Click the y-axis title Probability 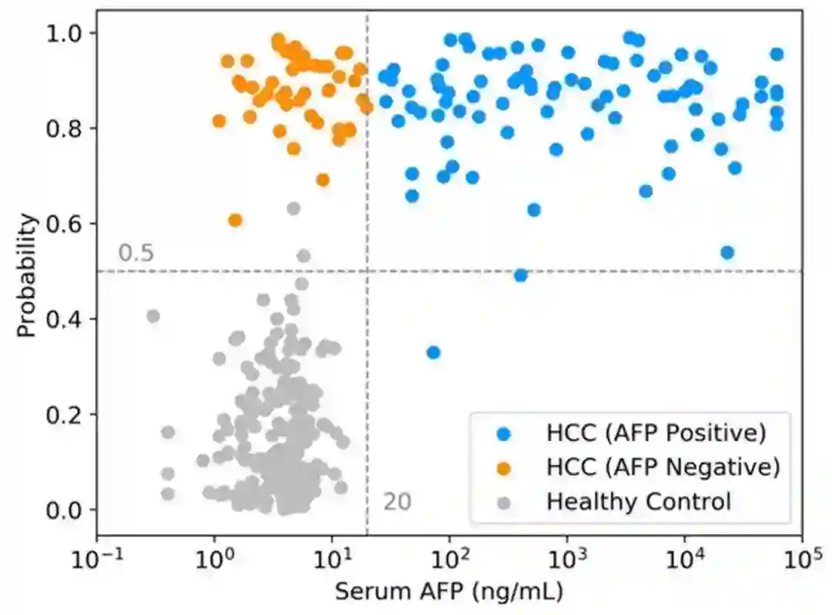pos(28,276)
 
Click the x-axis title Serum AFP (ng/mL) pos(449,592)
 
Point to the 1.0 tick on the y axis pos(68,33)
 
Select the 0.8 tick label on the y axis pos(68,129)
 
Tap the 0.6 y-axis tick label pos(68,224)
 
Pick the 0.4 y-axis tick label pos(68,319)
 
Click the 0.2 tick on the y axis pos(68,415)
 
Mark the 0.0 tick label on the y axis pos(68,510)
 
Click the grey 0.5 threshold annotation pos(136,254)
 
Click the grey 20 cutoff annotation pos(398,502)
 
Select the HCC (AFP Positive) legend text pos(656,433)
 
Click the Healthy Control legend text pos(638,502)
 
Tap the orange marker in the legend pos(503,467)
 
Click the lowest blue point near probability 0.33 pos(434,352)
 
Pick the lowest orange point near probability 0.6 pos(235,220)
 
